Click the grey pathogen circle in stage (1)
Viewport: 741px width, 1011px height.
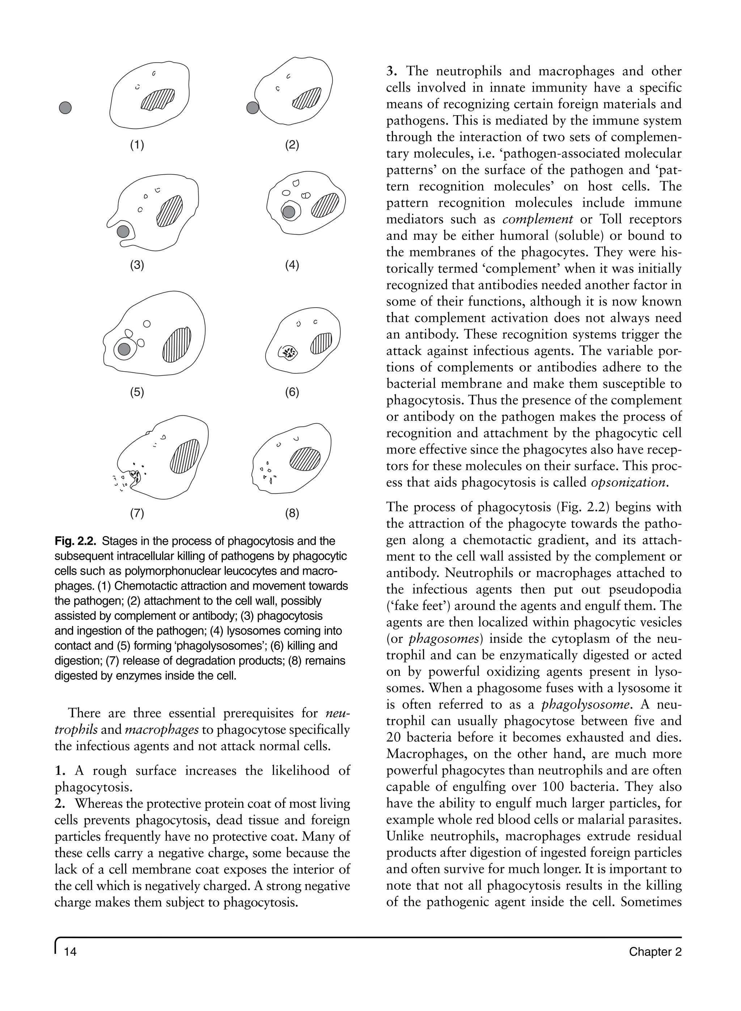pos(65,108)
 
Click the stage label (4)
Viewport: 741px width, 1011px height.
pos(292,265)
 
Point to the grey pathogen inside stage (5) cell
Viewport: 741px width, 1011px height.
pos(124,349)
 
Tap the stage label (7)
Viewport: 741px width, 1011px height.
pos(137,513)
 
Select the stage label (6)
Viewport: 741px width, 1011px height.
pos(292,392)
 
